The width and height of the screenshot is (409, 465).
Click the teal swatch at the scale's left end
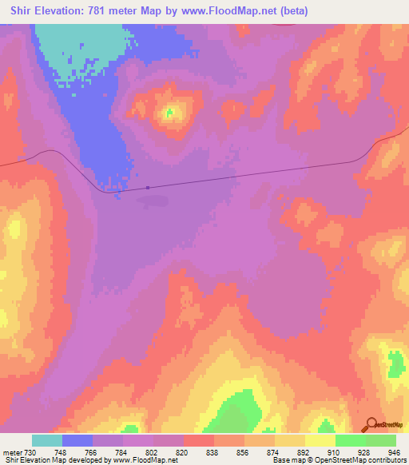pyautogui.click(x=46, y=440)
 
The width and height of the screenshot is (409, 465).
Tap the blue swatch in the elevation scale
pyautogui.click(x=77, y=440)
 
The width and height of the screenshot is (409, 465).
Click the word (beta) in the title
pyautogui.click(x=292, y=10)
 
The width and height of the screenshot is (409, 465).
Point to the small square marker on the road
pyautogui.click(x=149, y=189)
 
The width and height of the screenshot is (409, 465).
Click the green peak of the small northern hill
pyautogui.click(x=169, y=113)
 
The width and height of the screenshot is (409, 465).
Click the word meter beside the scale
pyautogui.click(x=11, y=452)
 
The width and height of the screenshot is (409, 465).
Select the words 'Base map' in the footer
pyautogui.click(x=287, y=460)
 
